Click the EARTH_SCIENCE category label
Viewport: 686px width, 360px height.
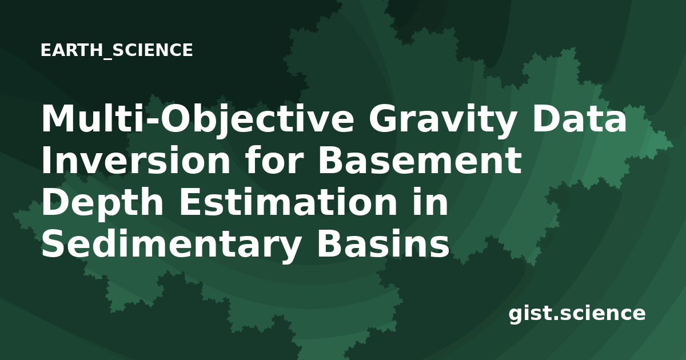coord(117,50)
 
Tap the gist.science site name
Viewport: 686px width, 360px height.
coord(577,314)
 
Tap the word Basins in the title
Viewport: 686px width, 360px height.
coord(383,243)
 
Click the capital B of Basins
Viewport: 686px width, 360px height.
coord(330,243)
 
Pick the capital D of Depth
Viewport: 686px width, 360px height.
coord(56,201)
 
